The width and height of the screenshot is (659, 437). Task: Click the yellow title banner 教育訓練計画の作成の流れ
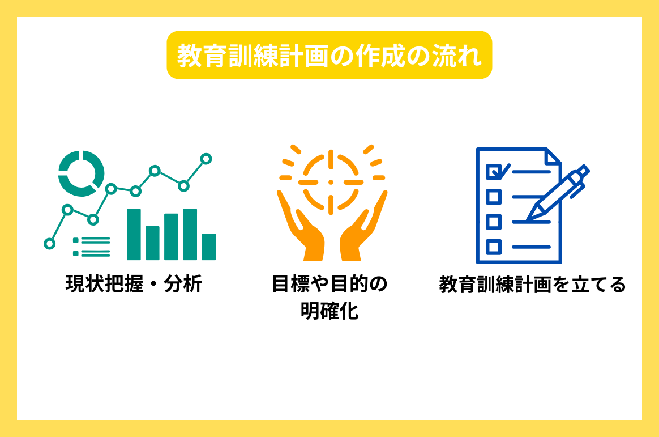(x=329, y=56)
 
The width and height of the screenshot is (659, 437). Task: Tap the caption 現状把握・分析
(x=134, y=283)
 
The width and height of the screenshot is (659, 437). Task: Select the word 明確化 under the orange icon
(x=329, y=311)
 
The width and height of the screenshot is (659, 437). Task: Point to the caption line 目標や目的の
(x=329, y=283)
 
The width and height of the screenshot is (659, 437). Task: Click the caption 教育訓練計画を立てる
(x=532, y=284)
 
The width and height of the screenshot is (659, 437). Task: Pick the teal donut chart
(x=81, y=173)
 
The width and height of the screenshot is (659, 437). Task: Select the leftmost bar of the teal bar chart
(x=134, y=234)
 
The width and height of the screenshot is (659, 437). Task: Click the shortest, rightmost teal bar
(x=209, y=247)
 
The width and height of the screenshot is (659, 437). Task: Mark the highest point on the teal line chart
(x=206, y=159)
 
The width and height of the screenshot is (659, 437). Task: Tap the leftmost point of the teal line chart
(x=49, y=244)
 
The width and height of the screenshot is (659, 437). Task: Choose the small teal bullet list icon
(x=91, y=247)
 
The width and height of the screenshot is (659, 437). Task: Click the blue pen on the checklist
(x=558, y=193)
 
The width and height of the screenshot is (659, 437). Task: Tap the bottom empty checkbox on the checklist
(x=494, y=247)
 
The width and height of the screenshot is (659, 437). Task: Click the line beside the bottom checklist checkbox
(x=531, y=247)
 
